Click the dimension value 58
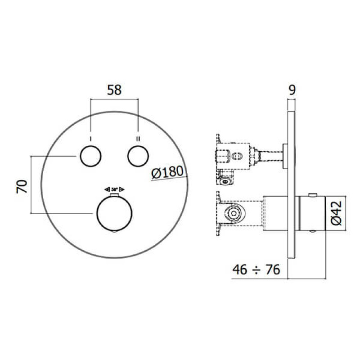coord(114,90)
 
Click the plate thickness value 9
coord(292,90)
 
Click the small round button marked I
coord(91,156)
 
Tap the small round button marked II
coord(138,156)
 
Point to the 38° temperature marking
coord(114,189)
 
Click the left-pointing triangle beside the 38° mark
coord(107,189)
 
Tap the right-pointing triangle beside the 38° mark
coord(122,189)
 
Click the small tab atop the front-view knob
coord(114,195)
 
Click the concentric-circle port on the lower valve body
coord(234,213)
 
